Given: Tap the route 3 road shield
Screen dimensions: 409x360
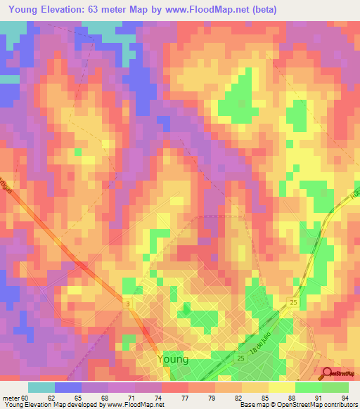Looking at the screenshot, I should click(x=128, y=303).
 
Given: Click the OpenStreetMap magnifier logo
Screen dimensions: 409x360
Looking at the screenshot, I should click(x=328, y=372).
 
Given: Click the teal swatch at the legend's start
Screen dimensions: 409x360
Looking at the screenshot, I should click(x=41, y=387).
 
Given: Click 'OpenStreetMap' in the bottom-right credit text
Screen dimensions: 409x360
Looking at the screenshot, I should click(x=309, y=405).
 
